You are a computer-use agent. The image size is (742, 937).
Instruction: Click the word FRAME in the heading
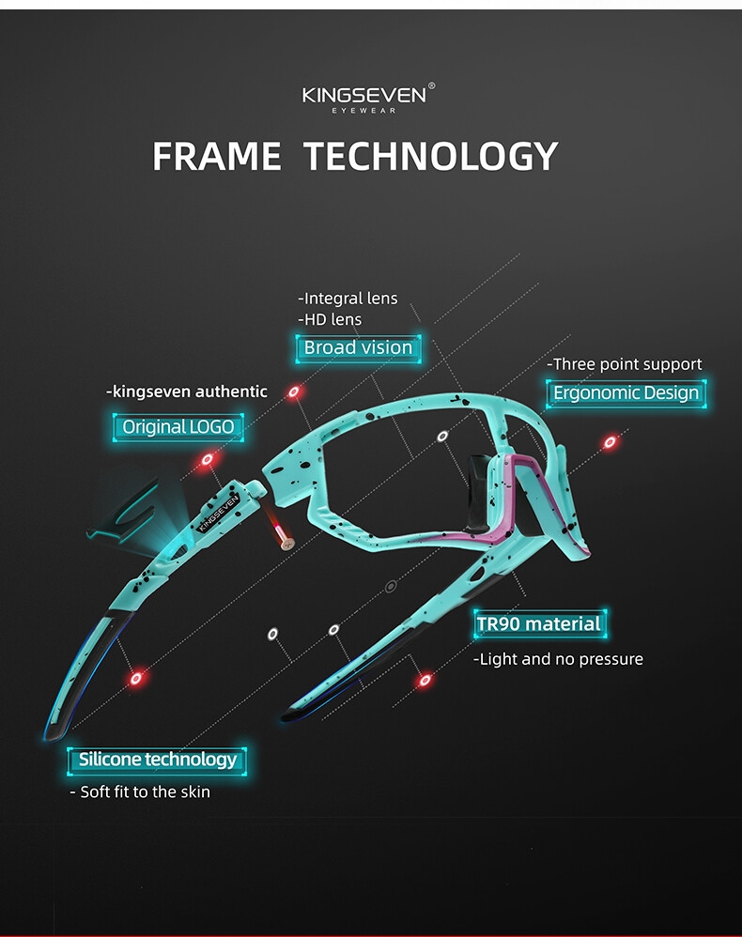217,156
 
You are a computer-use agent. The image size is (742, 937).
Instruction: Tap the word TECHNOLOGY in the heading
431,156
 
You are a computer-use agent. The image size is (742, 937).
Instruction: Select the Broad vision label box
358,347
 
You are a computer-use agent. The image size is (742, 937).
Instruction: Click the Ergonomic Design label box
626,392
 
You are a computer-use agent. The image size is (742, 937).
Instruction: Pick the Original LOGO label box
178,426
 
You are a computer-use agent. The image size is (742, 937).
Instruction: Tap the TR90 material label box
538,623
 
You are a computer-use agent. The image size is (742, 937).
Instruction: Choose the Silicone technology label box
158,760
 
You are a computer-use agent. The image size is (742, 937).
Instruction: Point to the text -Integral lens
348,299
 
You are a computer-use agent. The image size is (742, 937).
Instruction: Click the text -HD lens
330,320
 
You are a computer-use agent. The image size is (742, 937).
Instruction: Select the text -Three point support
624,364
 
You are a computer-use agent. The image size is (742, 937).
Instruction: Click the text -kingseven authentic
187,392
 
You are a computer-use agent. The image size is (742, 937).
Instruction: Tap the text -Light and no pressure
558,659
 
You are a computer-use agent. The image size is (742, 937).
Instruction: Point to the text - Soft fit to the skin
140,791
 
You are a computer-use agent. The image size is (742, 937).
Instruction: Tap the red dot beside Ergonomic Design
610,441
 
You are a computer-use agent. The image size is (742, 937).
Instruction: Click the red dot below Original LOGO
208,459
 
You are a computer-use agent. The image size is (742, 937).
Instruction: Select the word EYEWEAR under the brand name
364,111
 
